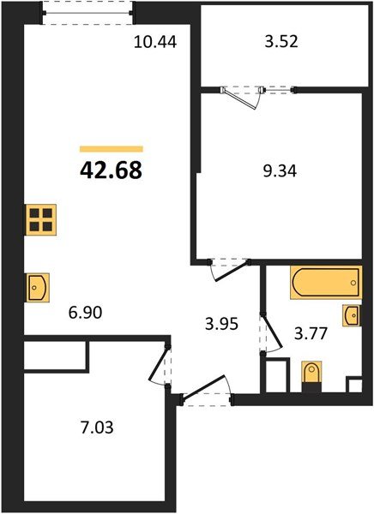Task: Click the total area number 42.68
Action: tap(111, 170)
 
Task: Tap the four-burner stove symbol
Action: tap(39, 221)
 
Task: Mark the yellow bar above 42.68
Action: tap(111, 148)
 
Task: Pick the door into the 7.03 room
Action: tap(160, 368)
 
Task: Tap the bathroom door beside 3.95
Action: tap(268, 333)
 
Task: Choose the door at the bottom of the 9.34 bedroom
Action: tap(226, 267)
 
